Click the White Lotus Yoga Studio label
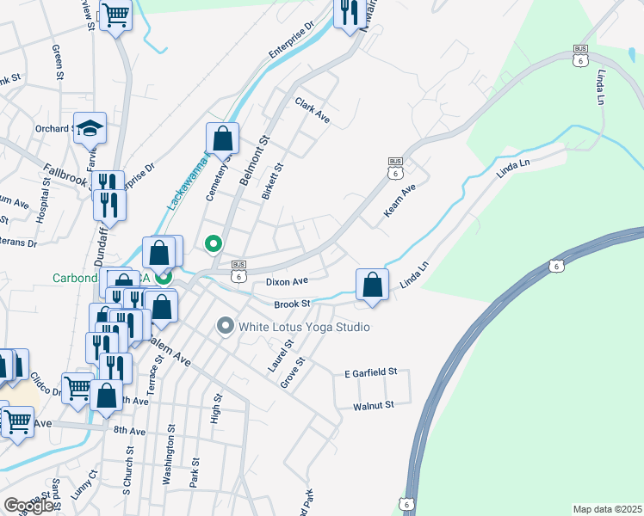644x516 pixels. (305, 327)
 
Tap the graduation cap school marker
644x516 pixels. (90, 128)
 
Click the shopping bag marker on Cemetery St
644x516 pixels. (222, 138)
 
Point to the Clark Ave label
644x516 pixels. (313, 109)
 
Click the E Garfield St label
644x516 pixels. (369, 372)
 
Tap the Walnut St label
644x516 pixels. (373, 404)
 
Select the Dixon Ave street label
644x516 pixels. (287, 281)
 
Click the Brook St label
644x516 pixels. (292, 304)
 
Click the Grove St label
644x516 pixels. (293, 372)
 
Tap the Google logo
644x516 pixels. (28, 506)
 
